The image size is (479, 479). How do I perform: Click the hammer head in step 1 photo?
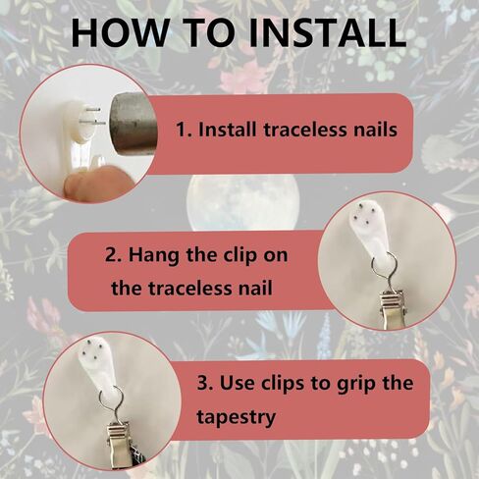[x=133, y=123]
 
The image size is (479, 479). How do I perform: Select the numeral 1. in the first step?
[x=184, y=130]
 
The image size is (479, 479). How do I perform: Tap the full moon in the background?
[x=242, y=203]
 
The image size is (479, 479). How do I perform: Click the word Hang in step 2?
[x=154, y=255]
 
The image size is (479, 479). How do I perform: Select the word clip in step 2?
[x=239, y=255]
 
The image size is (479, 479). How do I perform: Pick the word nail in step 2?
[x=256, y=289]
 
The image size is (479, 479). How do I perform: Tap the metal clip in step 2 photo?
[x=393, y=310]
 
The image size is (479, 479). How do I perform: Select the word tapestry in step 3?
[x=236, y=417]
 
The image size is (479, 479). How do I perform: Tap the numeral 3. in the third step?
[x=206, y=383]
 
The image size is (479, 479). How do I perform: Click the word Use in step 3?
[x=238, y=383]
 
